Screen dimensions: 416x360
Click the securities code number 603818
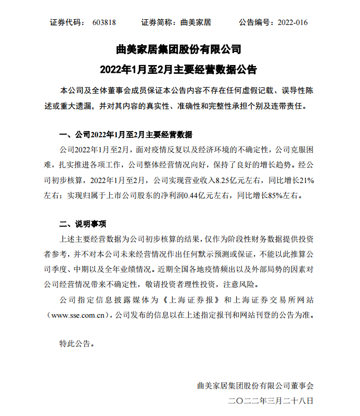coord(104,22)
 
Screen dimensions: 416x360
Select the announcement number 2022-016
coord(292,22)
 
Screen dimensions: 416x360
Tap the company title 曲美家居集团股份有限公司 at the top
coord(179,50)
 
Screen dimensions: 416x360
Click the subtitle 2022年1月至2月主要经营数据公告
coord(179,70)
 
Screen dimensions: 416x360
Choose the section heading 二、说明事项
coord(83,225)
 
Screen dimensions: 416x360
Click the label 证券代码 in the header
coord(66,22)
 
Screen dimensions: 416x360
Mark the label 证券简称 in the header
coord(158,22)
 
